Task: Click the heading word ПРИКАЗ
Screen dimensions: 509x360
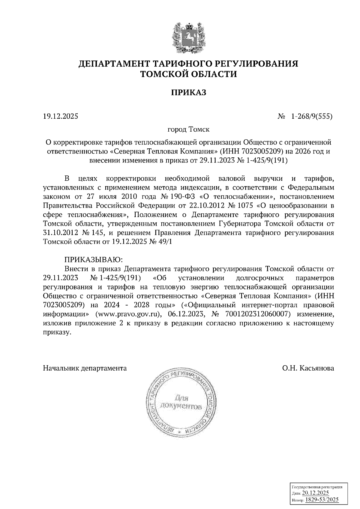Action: click(x=189, y=93)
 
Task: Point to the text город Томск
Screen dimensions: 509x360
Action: click(x=188, y=130)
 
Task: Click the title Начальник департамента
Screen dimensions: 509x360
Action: click(x=85, y=368)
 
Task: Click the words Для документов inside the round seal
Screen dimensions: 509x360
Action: click(x=181, y=402)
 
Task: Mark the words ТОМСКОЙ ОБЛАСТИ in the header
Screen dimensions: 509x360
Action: click(x=189, y=74)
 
